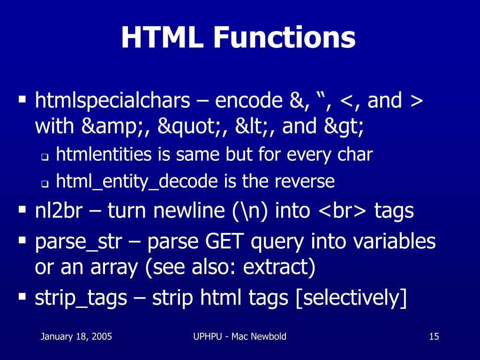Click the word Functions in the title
point(283,38)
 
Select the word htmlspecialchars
point(113,101)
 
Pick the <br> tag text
point(344,211)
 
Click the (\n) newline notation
point(250,211)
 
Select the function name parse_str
point(79,242)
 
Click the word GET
point(225,242)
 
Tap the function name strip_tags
point(81,298)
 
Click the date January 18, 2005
point(76,336)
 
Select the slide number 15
point(434,336)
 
